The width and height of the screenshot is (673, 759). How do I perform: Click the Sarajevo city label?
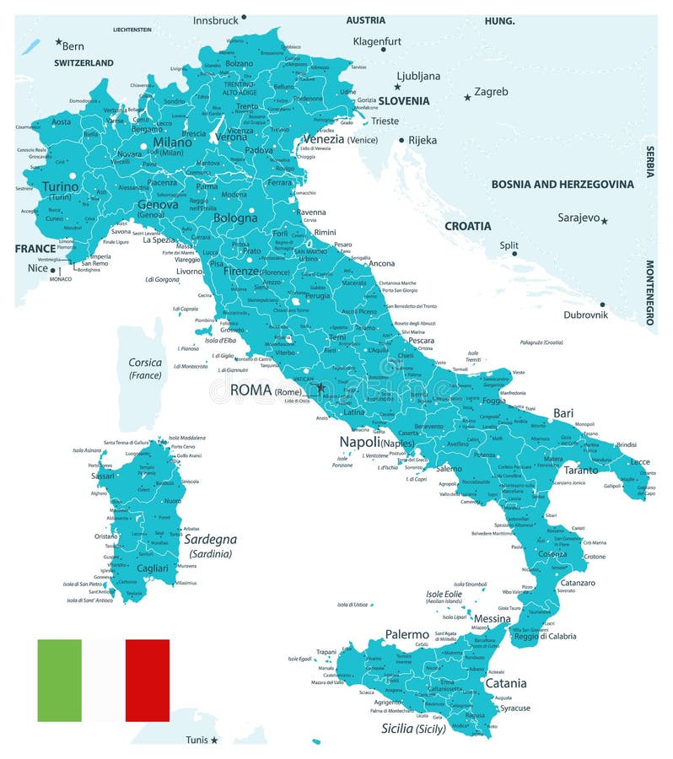tap(578, 218)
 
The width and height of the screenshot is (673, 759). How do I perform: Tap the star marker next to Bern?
tap(58, 41)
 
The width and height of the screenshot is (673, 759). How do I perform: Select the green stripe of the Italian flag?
tap(59, 680)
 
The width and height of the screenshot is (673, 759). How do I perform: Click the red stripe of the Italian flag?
tap(148, 680)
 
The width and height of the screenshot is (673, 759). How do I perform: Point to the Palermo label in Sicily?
tap(407, 633)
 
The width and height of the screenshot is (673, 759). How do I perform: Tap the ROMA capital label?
tap(250, 390)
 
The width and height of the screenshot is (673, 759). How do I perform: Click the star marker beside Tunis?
tap(214, 740)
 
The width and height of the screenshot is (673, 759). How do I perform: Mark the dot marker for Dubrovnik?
tap(602, 304)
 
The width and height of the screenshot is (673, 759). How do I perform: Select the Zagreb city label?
tap(491, 91)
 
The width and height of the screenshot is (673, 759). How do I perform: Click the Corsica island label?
tap(145, 363)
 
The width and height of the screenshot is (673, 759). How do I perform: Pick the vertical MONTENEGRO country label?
tap(650, 293)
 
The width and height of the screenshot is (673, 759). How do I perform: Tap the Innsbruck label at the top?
tap(215, 19)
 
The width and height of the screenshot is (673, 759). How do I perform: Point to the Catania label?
tap(505, 683)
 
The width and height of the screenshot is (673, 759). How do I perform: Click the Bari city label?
tap(563, 412)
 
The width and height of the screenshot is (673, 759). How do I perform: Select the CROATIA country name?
tap(467, 226)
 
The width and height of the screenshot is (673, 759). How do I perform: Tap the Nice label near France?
tap(38, 268)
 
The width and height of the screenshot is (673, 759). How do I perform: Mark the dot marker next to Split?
tap(514, 253)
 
